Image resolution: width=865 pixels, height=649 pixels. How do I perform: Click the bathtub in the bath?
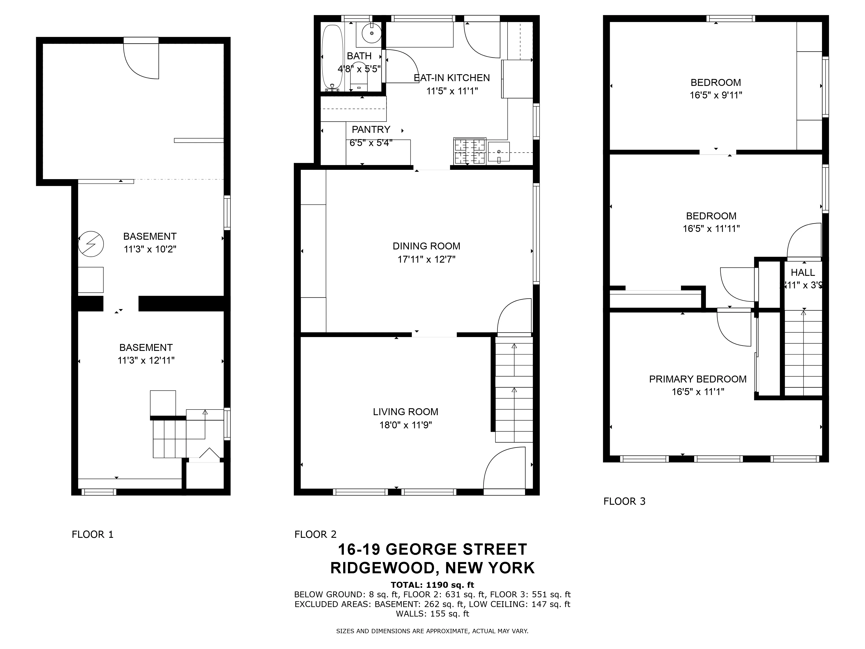(332, 58)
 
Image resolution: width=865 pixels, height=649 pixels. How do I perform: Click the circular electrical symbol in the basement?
(91, 244)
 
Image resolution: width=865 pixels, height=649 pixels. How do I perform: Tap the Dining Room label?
(426, 246)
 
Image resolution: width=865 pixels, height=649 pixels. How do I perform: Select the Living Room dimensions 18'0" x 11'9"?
(405, 425)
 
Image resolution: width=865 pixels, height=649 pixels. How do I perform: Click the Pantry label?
(371, 130)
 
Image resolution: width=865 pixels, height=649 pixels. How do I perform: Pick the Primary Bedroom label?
(698, 379)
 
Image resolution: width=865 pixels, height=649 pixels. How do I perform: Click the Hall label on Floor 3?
(803, 272)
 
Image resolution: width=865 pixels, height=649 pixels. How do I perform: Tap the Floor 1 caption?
(93, 534)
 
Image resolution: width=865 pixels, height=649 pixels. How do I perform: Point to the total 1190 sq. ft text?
(432, 585)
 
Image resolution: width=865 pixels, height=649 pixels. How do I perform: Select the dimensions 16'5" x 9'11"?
(716, 95)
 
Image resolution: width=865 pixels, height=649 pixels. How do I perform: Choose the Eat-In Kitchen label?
(452, 78)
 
